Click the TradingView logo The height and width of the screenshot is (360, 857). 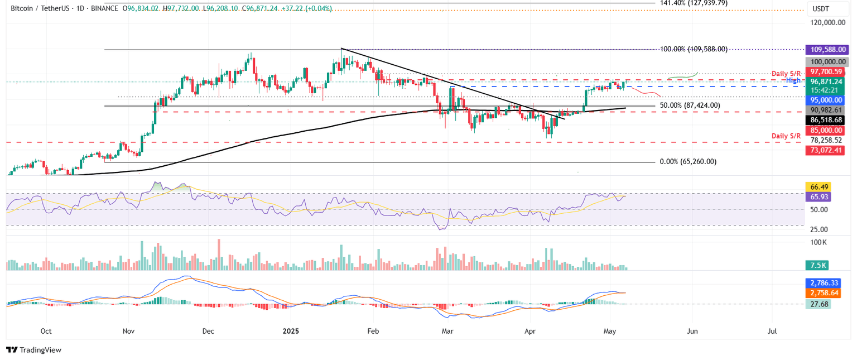point(34,350)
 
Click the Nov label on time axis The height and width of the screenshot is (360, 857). point(129,331)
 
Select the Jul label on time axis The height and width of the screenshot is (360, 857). point(772,331)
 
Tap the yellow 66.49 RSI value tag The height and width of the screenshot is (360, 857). point(819,187)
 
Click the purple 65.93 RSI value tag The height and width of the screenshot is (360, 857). point(819,197)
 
